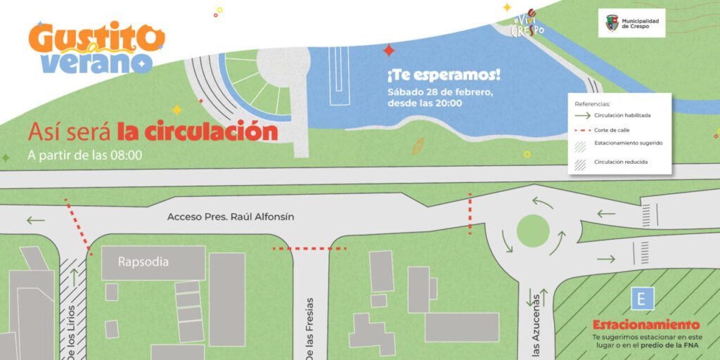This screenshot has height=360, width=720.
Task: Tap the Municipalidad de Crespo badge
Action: click(632, 23)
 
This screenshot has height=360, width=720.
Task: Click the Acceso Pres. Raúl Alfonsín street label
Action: click(231, 217)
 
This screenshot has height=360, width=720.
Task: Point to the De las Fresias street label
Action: click(309, 330)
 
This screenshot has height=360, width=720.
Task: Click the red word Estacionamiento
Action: click(646, 325)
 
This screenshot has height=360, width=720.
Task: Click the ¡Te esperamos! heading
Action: click(433, 75)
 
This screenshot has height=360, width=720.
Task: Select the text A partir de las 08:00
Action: click(84, 155)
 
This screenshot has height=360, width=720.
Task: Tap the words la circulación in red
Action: click(198, 131)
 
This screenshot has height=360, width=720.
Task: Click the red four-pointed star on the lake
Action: click(388, 50)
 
